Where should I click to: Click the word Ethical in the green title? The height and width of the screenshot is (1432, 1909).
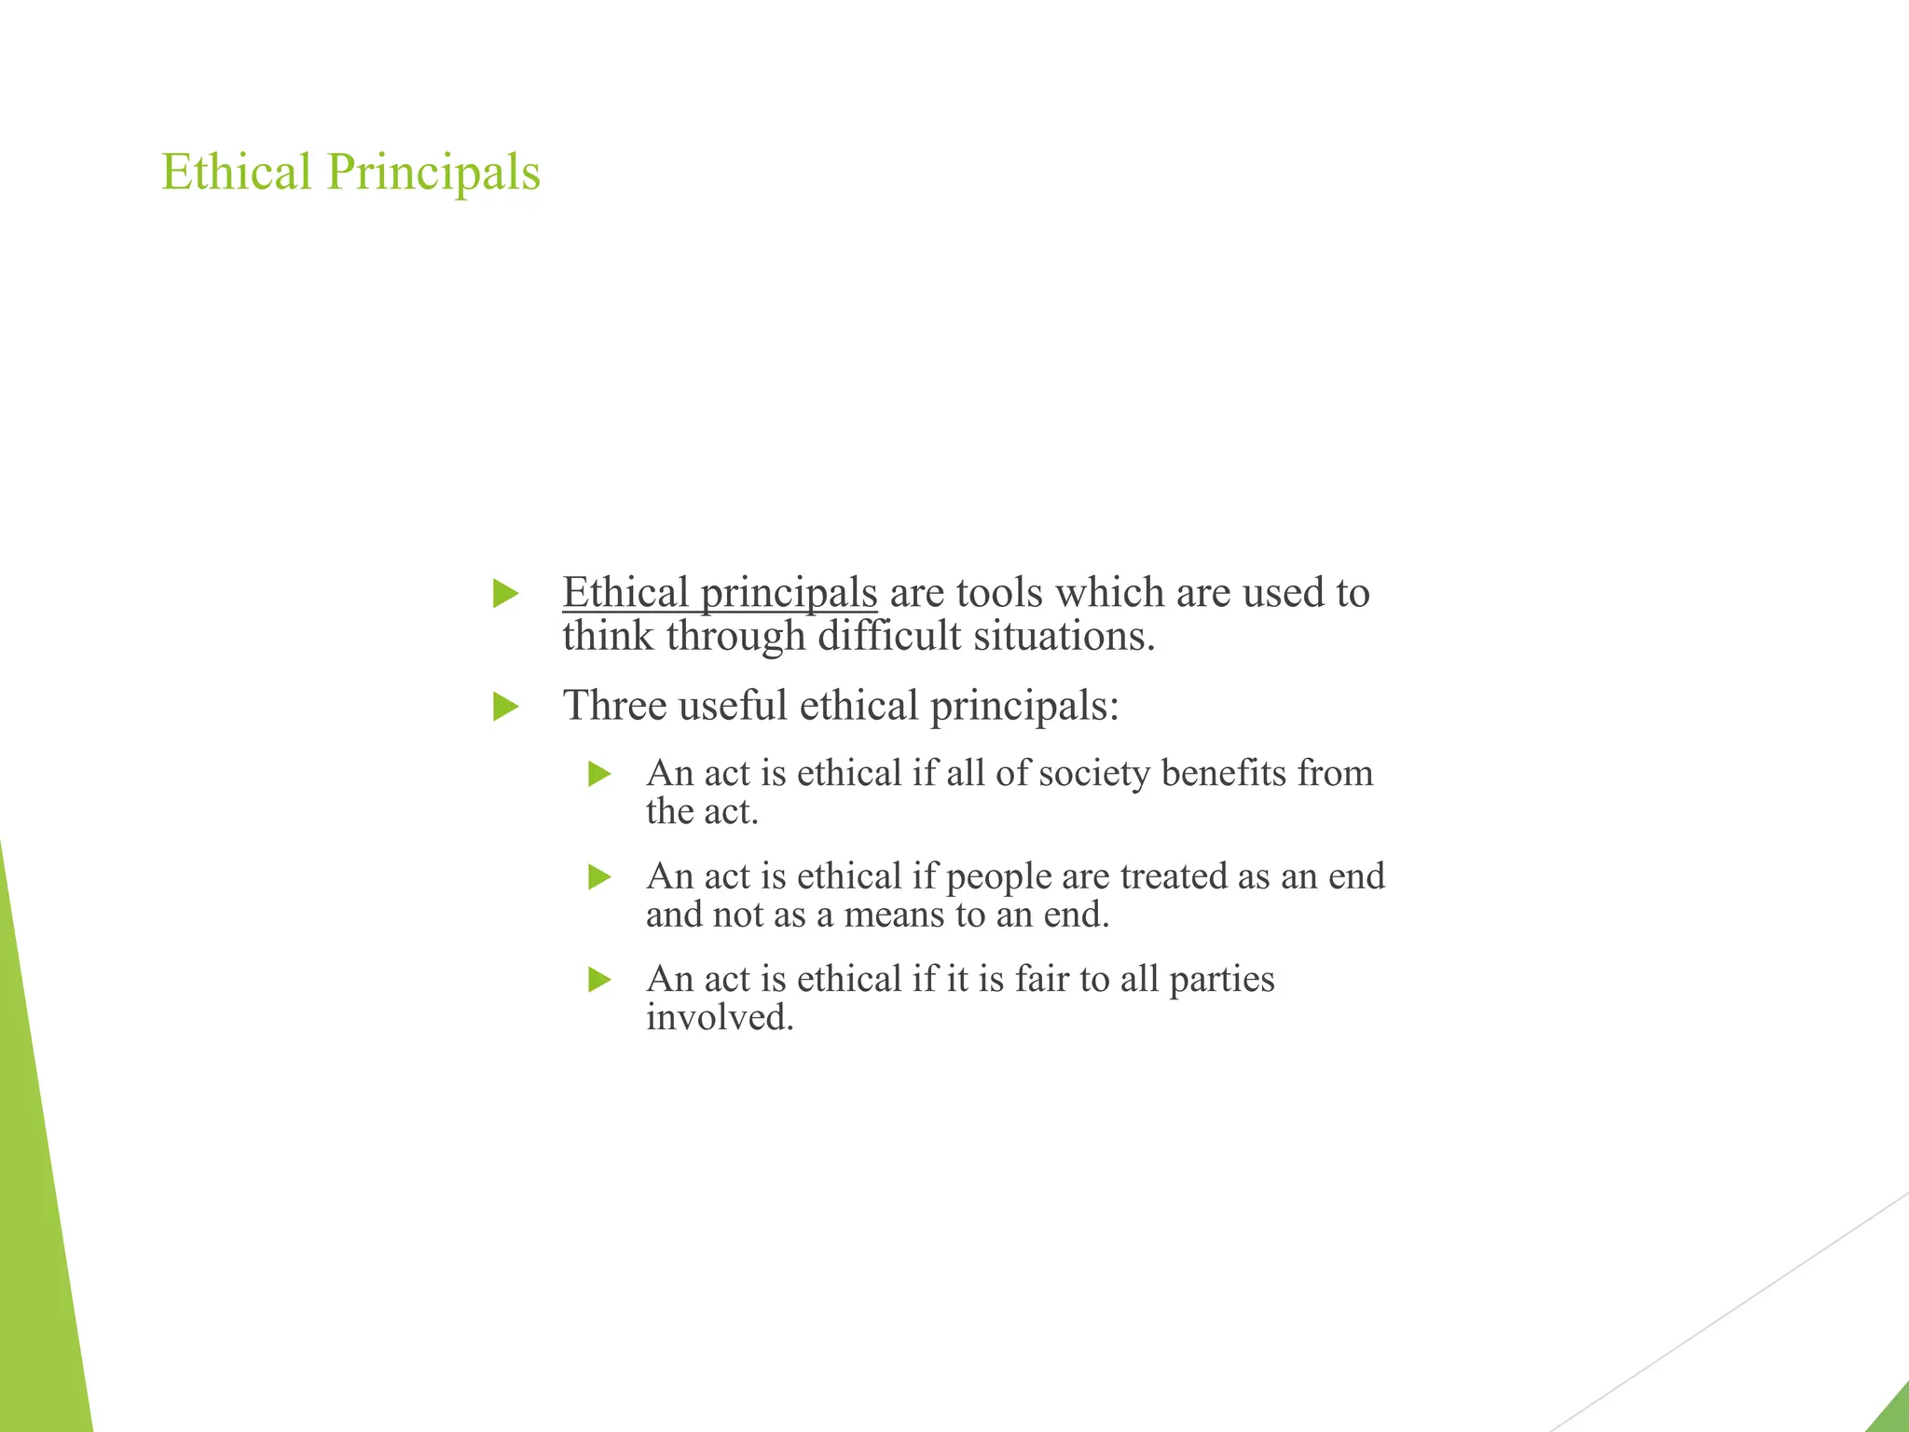236,172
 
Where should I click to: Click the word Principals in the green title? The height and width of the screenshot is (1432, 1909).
433,174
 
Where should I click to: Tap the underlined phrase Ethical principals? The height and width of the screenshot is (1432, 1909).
720,593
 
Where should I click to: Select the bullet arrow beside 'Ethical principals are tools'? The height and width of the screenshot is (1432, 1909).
505,593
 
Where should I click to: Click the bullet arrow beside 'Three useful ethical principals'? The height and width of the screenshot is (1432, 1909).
505,706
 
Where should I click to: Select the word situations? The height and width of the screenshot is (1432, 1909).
1064,637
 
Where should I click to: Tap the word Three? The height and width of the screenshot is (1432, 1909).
615,706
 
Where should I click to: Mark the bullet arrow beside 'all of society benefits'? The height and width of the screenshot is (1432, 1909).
600,774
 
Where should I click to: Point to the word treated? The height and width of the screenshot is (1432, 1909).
1174,876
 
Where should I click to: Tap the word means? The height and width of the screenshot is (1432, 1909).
894,916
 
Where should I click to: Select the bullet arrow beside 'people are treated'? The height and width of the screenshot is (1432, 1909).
600,876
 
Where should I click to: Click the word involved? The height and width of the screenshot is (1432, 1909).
720,1018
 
